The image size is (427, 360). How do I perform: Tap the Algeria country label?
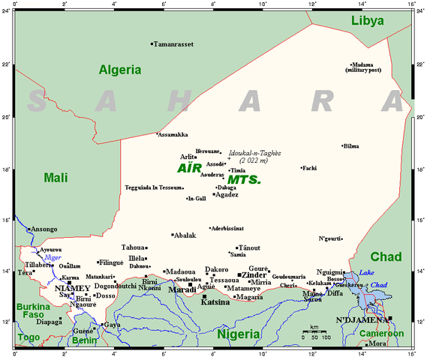[x=119, y=70]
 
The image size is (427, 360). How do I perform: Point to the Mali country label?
[x=35, y=177]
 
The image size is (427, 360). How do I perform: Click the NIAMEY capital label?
[x=73, y=287]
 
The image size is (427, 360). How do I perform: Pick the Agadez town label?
[x=227, y=194]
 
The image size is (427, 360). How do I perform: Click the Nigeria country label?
[x=239, y=334]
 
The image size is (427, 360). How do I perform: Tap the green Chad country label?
[x=386, y=256]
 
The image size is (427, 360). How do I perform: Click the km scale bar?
[x=315, y=331]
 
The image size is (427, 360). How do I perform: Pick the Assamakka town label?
[x=173, y=135]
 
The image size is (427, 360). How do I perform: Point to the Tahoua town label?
[x=134, y=247]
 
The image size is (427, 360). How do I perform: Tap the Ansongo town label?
[x=44, y=229]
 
